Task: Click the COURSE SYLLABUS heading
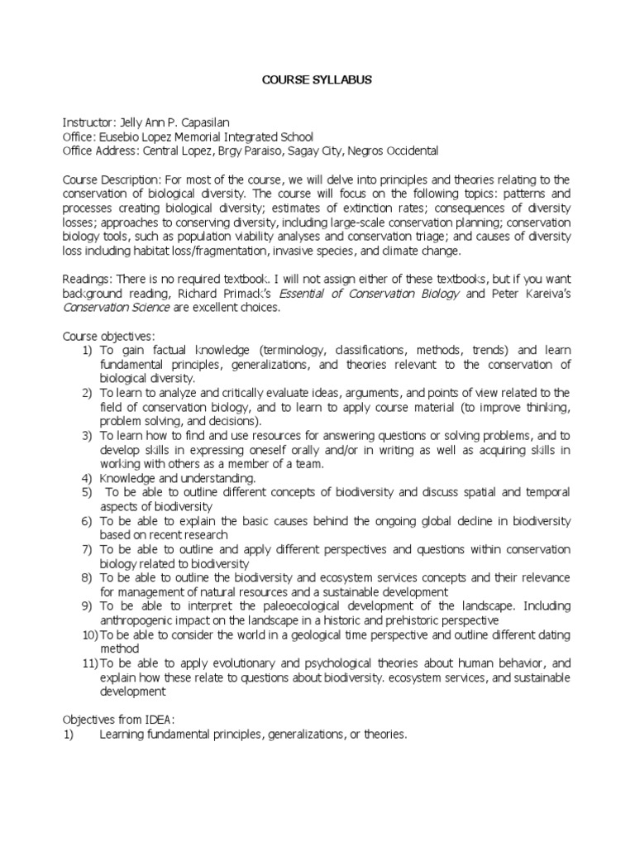click(x=317, y=80)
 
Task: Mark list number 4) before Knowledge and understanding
click(x=86, y=478)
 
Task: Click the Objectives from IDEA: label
click(x=117, y=720)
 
